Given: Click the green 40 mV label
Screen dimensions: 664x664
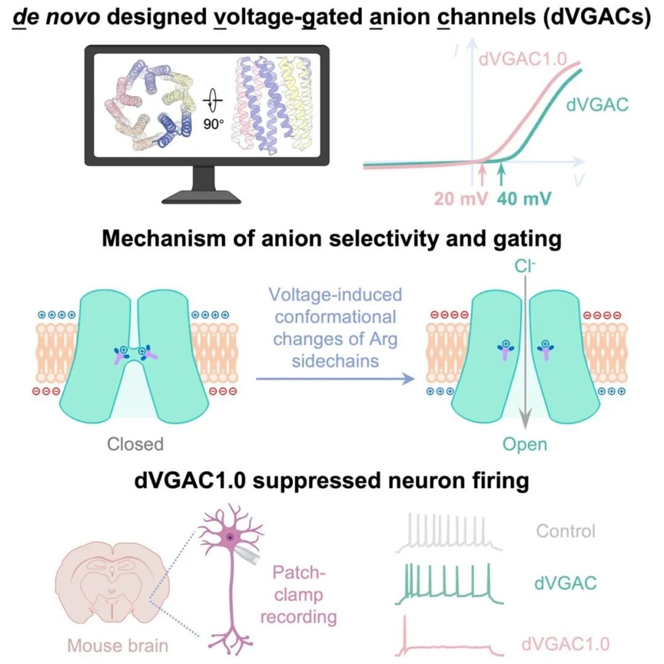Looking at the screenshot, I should coord(524,199).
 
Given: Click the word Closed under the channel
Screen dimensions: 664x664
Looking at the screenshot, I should coord(135,443).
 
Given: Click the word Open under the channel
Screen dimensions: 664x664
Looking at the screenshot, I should coord(524,443).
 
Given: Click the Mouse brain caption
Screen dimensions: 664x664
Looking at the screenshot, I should coord(117,646).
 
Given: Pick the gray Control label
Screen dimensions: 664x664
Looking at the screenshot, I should coord(566,531).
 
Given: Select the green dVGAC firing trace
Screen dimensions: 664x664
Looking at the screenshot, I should coord(449,584).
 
